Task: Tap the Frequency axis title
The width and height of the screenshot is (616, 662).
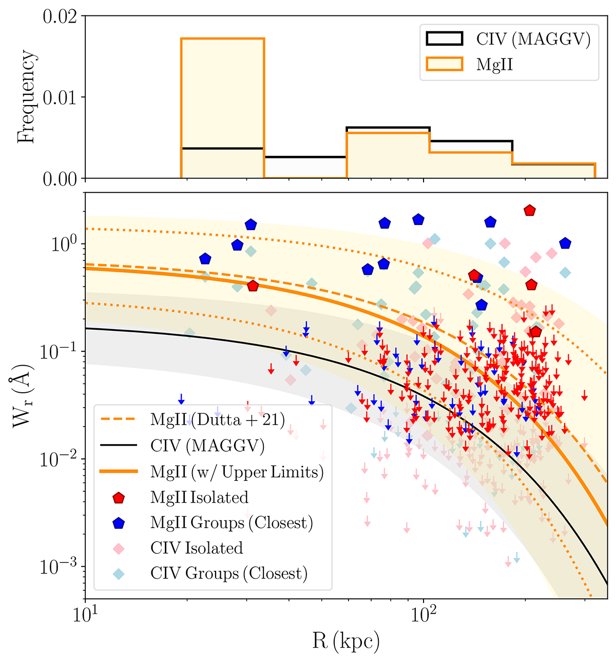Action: pos(27,97)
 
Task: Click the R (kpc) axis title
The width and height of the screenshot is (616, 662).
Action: pos(346,640)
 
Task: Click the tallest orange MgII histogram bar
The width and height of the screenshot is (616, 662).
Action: pos(222,108)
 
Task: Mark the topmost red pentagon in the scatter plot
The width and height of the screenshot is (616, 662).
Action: pos(530,210)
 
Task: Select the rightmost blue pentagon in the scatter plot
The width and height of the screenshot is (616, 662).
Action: pos(565,244)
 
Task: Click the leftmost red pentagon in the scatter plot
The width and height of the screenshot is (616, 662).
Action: pos(253,286)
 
